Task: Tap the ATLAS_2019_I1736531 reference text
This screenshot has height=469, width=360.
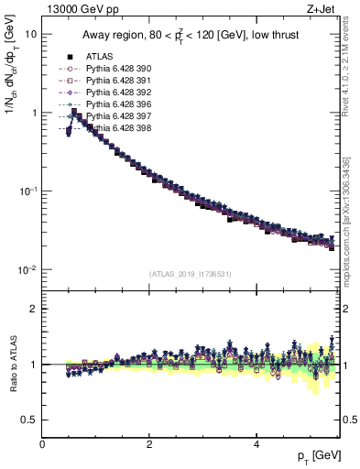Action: (191, 273)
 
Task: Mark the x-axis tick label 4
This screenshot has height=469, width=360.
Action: (256, 444)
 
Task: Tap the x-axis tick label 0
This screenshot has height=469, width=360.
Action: (42, 444)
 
